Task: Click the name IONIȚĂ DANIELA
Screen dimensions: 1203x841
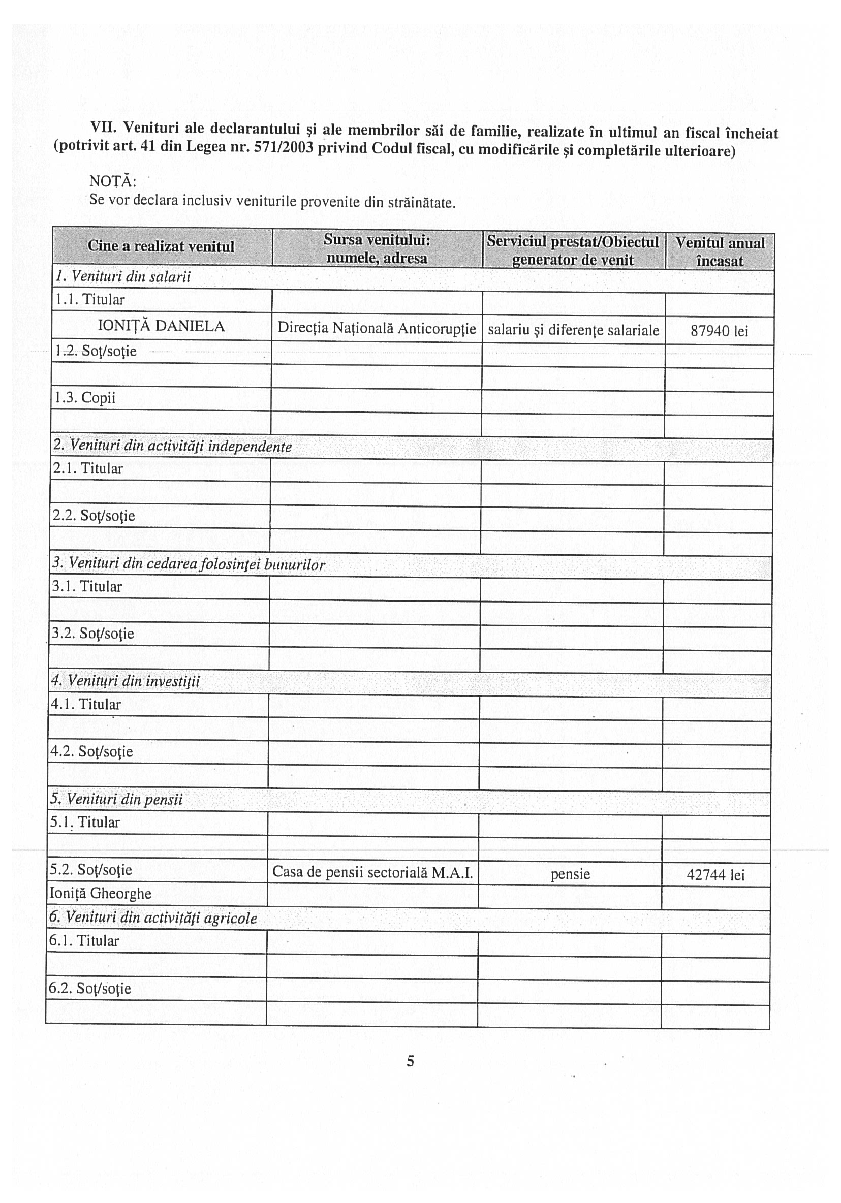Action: pyautogui.click(x=161, y=326)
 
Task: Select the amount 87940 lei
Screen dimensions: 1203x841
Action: pyautogui.click(x=719, y=331)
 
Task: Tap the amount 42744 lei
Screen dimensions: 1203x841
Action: pyautogui.click(x=715, y=875)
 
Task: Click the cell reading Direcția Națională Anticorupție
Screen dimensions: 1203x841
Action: pyautogui.click(x=377, y=329)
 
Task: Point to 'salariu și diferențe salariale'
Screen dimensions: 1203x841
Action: pyautogui.click(x=573, y=330)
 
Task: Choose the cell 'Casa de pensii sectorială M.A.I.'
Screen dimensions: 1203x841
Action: pyautogui.click(x=372, y=872)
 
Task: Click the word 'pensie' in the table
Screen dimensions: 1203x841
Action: pyautogui.click(x=570, y=874)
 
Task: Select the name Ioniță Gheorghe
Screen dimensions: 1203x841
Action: pyautogui.click(x=100, y=893)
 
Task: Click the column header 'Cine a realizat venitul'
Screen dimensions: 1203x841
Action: pyautogui.click(x=161, y=246)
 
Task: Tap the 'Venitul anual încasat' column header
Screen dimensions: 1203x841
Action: pyautogui.click(x=720, y=251)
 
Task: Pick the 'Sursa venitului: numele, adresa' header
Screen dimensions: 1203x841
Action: pyautogui.click(x=377, y=248)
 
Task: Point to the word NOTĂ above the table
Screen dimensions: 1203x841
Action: pyautogui.click(x=113, y=181)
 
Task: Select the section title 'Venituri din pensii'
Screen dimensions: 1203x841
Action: pyautogui.click(x=116, y=800)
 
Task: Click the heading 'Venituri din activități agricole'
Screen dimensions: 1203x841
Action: pyautogui.click(x=153, y=917)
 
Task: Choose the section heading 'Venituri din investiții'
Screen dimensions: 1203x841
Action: pyautogui.click(x=126, y=681)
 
